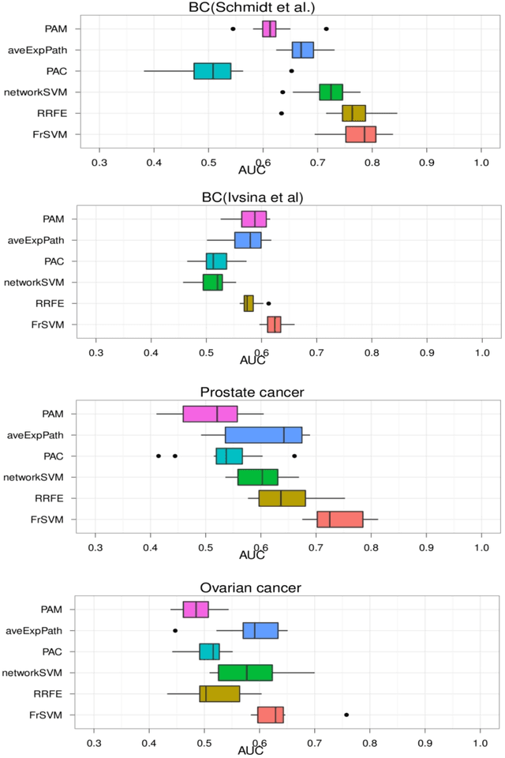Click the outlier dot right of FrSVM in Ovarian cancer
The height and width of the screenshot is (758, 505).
click(x=346, y=715)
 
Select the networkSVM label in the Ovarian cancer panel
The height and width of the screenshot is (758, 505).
click(x=56, y=673)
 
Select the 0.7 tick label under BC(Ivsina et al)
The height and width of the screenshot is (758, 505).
click(x=316, y=347)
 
